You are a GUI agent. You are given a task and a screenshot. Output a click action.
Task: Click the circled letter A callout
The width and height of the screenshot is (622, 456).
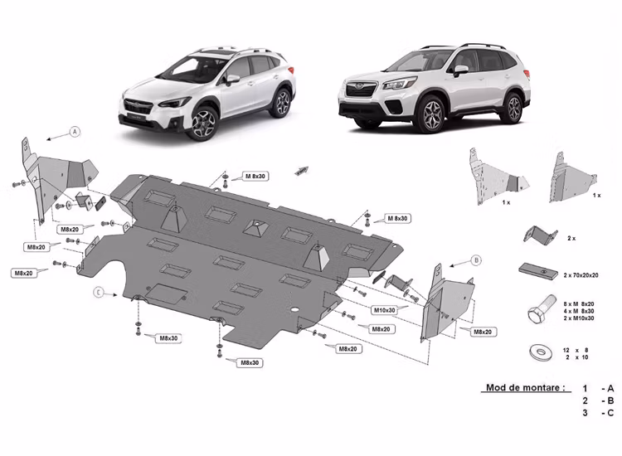pyautogui.click(x=75, y=132)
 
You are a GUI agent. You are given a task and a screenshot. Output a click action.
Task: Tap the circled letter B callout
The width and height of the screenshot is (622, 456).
pyautogui.click(x=476, y=260)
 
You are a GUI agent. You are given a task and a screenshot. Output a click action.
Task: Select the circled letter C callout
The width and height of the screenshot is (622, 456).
pyautogui.click(x=99, y=292)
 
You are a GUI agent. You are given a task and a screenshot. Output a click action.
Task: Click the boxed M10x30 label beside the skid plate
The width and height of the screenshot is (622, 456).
pyautogui.click(x=383, y=310)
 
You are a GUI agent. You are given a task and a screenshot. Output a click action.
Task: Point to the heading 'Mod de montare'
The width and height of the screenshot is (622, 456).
pyautogui.click(x=526, y=387)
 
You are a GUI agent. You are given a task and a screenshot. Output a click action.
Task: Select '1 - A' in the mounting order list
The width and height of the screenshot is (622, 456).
pyautogui.click(x=597, y=388)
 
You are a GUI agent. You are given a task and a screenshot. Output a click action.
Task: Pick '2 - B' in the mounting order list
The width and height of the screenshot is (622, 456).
pyautogui.click(x=597, y=400)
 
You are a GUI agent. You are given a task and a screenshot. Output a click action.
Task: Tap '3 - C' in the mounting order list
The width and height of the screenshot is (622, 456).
pyautogui.click(x=597, y=413)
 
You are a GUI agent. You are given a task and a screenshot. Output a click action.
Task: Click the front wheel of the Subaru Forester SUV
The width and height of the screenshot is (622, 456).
pyautogui.click(x=431, y=116)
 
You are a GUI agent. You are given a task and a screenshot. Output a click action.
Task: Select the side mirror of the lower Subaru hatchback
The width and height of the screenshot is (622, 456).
pyautogui.click(x=233, y=79)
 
